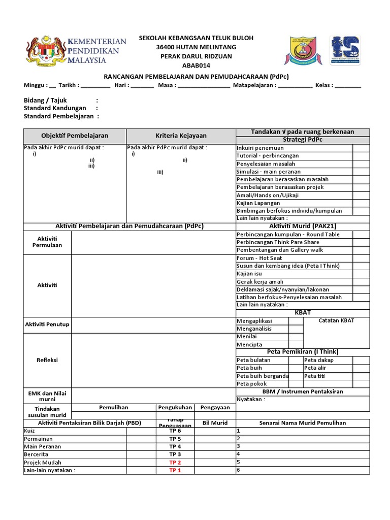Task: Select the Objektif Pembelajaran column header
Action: pos(75,136)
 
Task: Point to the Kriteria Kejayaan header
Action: pos(181,136)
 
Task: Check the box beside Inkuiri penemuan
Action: pos(361,148)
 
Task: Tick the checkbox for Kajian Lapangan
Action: pos(361,203)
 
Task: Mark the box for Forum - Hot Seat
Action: pos(361,258)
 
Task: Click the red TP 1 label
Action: pos(175,470)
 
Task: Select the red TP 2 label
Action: pos(175,463)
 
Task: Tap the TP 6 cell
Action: pos(175,431)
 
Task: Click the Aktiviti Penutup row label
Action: pos(47,324)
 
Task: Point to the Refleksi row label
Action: pos(47,360)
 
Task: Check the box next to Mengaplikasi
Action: pos(296,321)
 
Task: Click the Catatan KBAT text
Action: pos(336,320)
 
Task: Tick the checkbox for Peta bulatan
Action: pos(296,360)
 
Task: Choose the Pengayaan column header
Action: pos(215,407)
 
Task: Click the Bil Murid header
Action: pos(215,423)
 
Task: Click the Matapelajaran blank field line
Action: pos(295,86)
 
